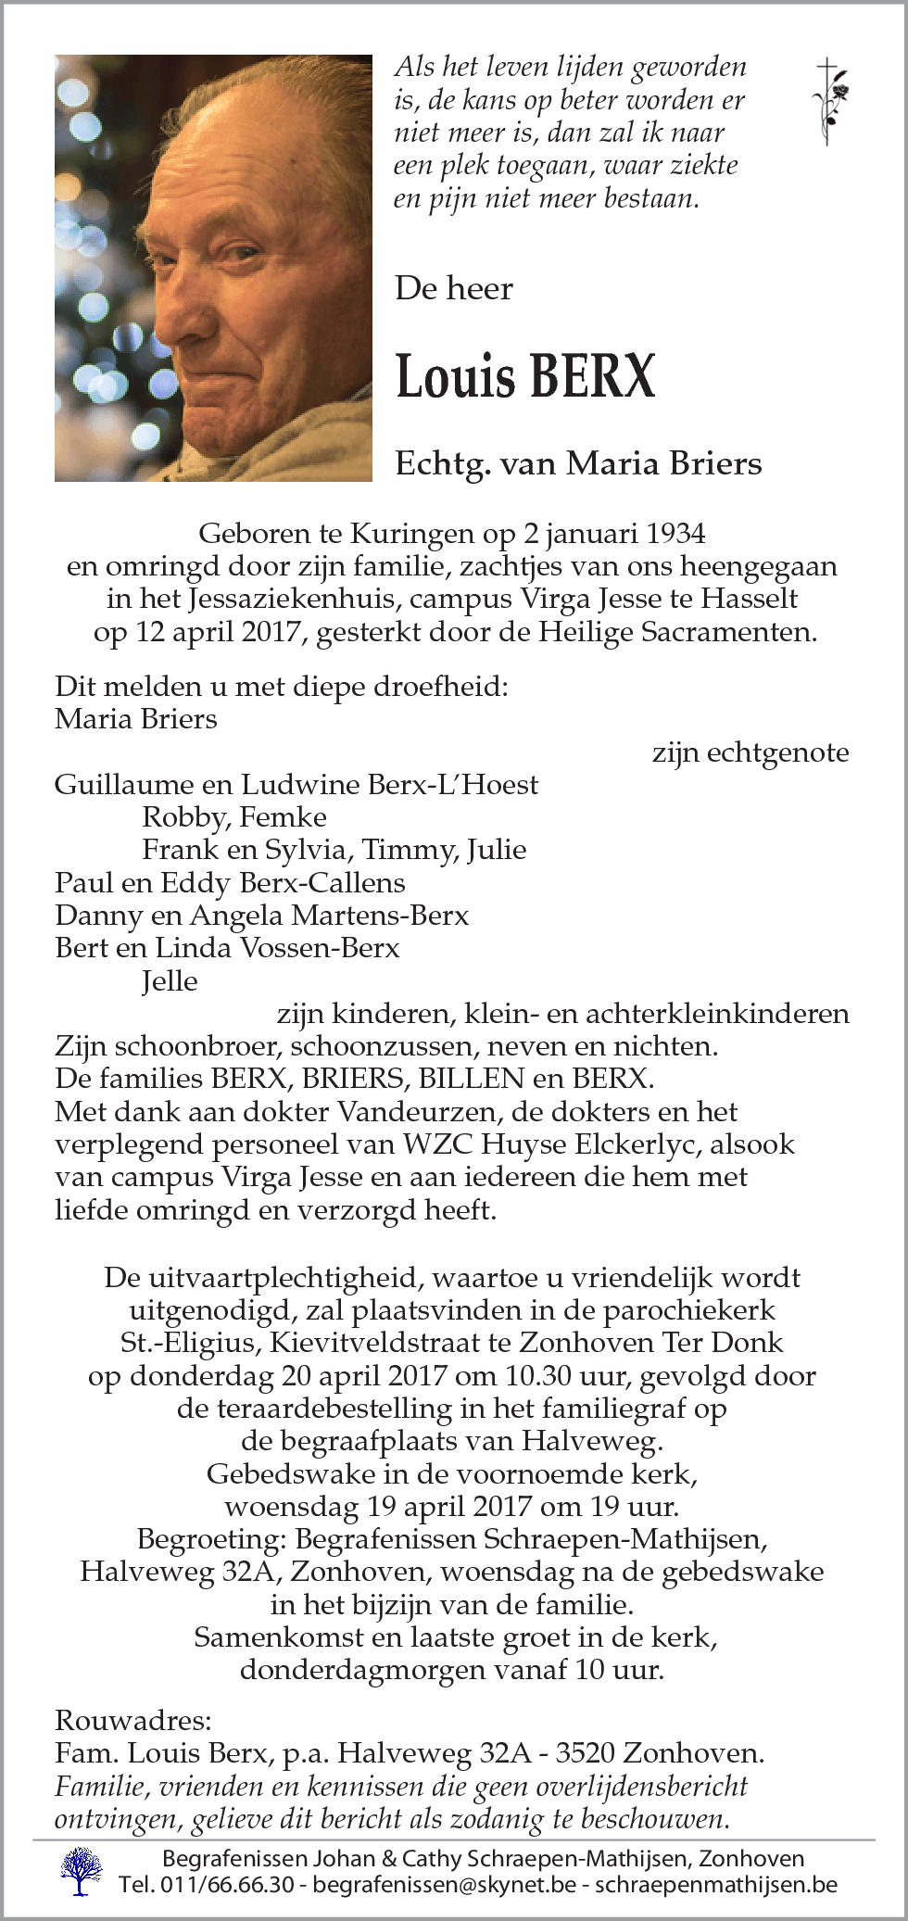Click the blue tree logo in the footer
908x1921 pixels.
(82, 1869)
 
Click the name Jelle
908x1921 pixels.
(170, 980)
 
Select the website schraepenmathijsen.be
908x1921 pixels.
(715, 1884)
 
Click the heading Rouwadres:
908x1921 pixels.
(133, 1721)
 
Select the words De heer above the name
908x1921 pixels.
(454, 289)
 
